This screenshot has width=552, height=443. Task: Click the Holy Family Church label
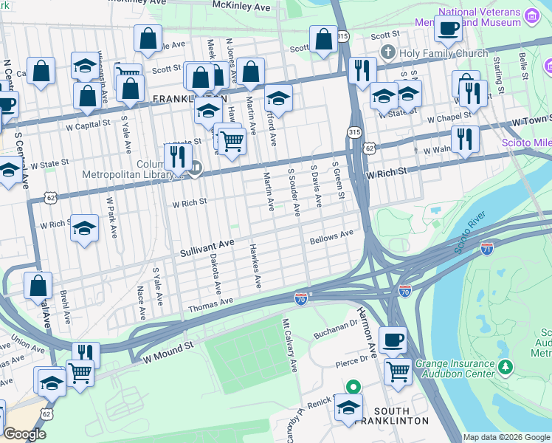pyautogui.click(x=443, y=53)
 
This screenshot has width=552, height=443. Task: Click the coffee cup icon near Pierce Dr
pyautogui.click(x=393, y=340)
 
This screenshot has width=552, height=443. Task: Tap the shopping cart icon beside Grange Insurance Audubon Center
pyautogui.click(x=398, y=371)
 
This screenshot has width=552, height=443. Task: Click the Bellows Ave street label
pyautogui.click(x=332, y=238)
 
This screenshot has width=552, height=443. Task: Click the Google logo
pyautogui.click(x=24, y=434)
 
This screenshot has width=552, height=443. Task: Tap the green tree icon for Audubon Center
pyautogui.click(x=506, y=367)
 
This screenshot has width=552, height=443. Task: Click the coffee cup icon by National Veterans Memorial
pyautogui.click(x=448, y=28)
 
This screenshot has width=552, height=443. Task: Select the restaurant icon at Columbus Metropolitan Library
pyautogui.click(x=176, y=157)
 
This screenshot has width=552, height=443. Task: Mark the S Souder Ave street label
pyautogui.click(x=294, y=192)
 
